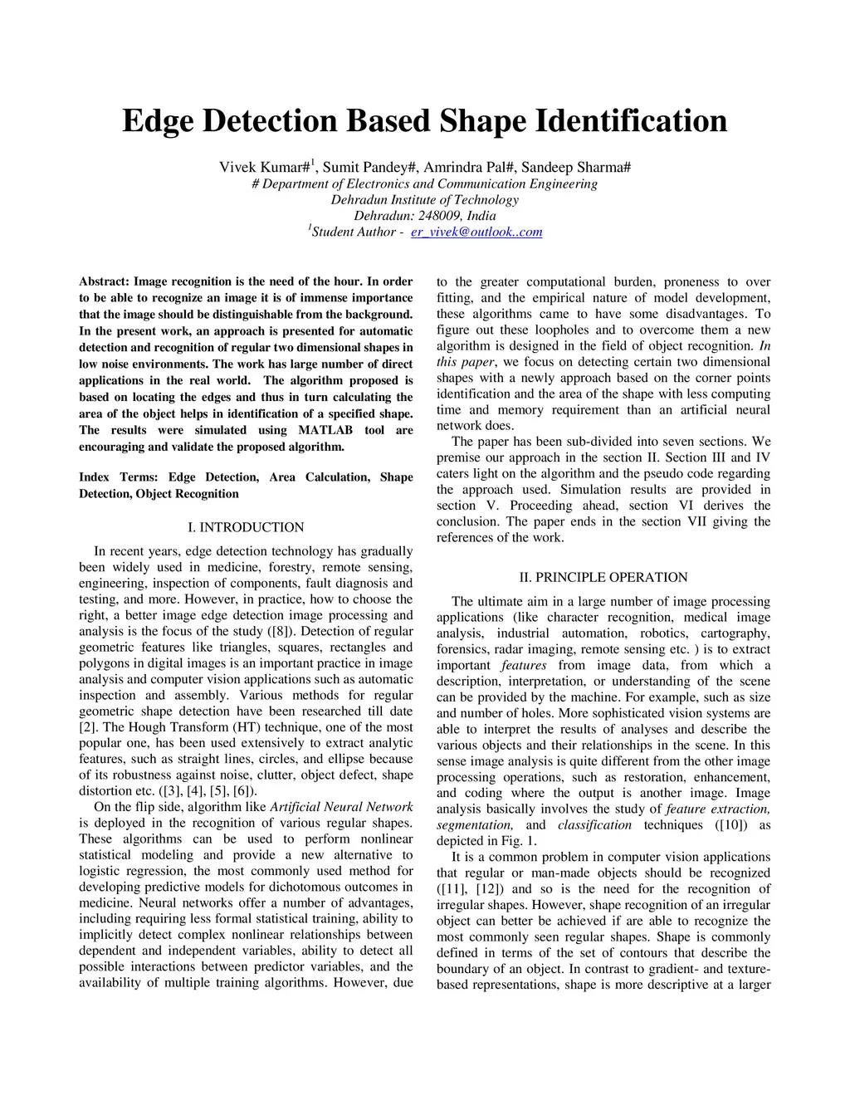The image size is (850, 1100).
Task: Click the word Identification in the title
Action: click(x=631, y=121)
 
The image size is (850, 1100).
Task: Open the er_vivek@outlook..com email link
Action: click(x=476, y=232)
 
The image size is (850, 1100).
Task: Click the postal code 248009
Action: click(x=440, y=216)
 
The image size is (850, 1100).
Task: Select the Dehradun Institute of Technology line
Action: click(x=424, y=200)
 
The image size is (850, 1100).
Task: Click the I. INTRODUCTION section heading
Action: click(x=246, y=527)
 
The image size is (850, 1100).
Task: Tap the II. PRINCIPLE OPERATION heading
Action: click(x=603, y=577)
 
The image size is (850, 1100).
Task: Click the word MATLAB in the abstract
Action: click(x=325, y=430)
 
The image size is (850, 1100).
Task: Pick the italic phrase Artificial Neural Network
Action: click(x=341, y=807)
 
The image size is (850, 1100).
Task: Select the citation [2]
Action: click(x=88, y=727)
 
